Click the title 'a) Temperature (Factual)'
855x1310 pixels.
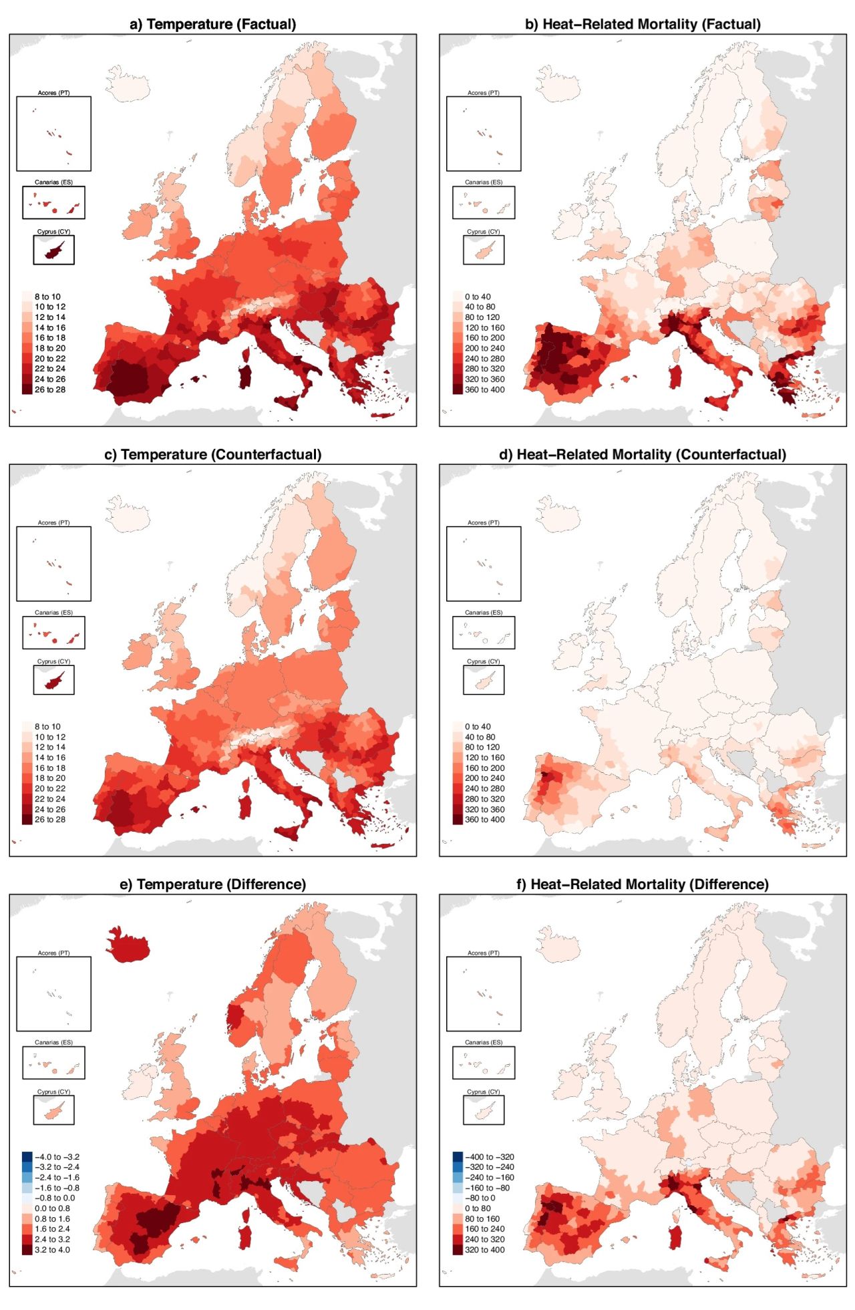tap(212, 25)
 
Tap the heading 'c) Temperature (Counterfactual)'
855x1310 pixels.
tap(212, 455)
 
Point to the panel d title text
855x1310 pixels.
tap(643, 455)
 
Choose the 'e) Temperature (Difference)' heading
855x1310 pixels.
tap(212, 884)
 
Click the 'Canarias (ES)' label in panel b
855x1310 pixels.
tap(483, 182)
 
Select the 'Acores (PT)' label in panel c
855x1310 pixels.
tap(53, 523)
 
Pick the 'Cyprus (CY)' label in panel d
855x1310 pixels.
tap(483, 661)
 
